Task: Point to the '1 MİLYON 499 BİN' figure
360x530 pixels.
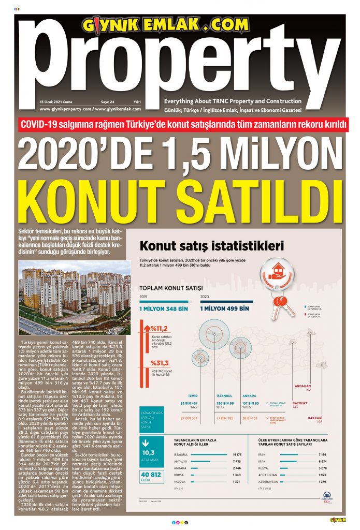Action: (x=224, y=308)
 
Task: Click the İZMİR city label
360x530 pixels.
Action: (x=193, y=396)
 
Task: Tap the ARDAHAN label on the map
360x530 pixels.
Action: (x=303, y=386)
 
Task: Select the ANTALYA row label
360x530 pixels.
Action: (x=181, y=461)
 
